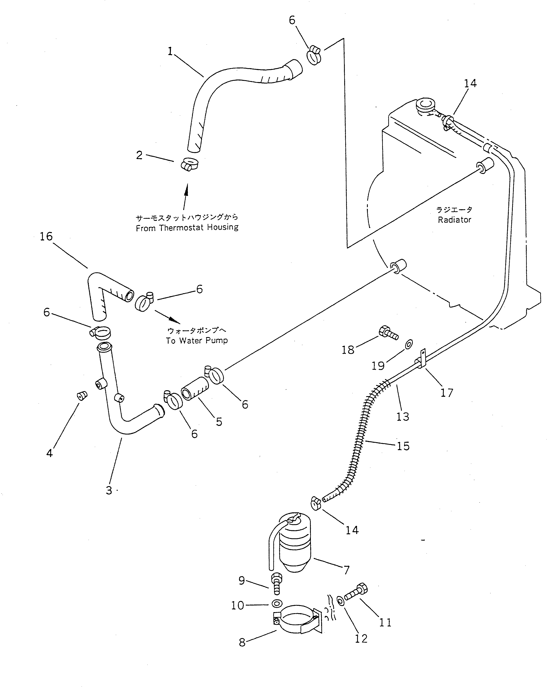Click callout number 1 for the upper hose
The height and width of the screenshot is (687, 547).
click(x=170, y=51)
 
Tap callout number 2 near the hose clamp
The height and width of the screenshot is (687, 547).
click(x=139, y=155)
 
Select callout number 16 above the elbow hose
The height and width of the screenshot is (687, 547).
click(x=46, y=236)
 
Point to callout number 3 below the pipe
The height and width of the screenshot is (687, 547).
click(x=109, y=490)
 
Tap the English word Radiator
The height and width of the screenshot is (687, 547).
click(x=454, y=220)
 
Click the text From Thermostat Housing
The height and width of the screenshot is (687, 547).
click(x=187, y=228)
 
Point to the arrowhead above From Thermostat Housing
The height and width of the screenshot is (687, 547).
click(x=187, y=188)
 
